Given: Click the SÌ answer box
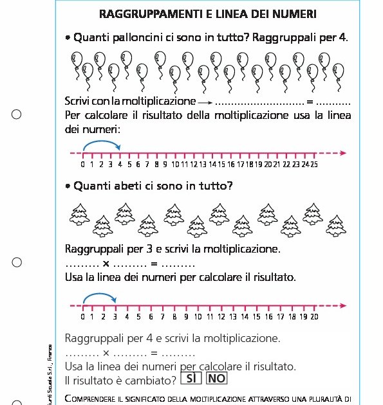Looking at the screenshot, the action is (191, 379).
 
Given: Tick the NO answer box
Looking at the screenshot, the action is (216, 379).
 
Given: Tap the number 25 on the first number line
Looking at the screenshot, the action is (313, 165).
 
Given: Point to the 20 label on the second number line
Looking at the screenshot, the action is (314, 316).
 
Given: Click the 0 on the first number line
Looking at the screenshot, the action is (83, 165).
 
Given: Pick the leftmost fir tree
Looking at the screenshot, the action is (79, 213).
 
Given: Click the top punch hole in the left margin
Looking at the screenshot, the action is (17, 114).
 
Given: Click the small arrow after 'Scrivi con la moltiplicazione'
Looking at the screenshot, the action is (205, 102).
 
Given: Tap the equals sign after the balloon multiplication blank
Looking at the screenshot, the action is (310, 102).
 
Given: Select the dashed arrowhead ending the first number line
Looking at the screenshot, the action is (343, 153).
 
